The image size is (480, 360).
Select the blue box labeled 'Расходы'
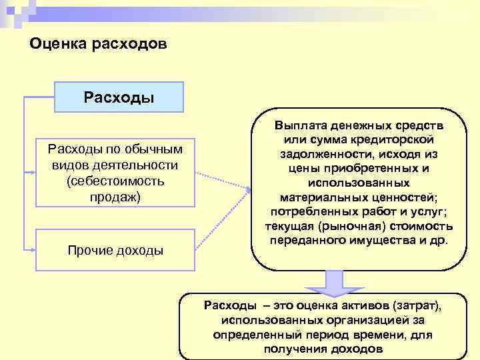[119, 97]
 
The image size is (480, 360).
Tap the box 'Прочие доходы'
[115, 250]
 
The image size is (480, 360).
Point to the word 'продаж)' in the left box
[115, 197]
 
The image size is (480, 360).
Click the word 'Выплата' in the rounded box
[298, 125]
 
